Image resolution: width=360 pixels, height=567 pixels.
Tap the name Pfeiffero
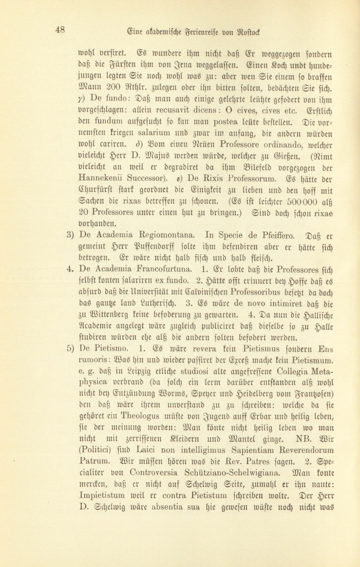pos(276,236)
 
